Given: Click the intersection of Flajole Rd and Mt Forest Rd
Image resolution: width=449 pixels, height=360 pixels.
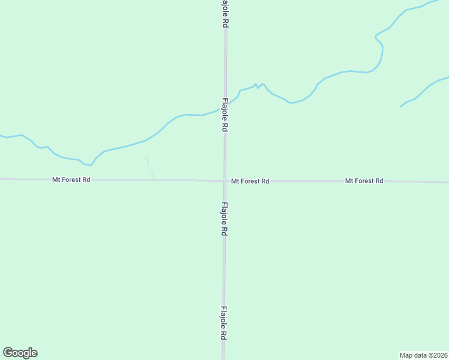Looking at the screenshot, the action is (224, 181).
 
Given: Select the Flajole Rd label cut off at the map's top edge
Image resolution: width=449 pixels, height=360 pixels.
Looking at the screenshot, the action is (225, 13).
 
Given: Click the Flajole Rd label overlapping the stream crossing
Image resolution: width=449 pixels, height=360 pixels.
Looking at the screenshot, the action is (225, 115).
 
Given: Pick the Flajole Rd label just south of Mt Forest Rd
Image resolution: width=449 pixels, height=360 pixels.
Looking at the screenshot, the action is (224, 219).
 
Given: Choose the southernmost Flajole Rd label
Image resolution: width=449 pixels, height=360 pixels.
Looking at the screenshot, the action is (223, 324).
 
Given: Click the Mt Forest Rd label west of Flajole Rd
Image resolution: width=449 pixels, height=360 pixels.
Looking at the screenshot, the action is (71, 179).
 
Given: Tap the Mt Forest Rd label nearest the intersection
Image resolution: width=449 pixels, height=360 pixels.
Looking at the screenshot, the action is (250, 181).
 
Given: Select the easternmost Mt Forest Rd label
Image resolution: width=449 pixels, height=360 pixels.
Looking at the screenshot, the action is (364, 181).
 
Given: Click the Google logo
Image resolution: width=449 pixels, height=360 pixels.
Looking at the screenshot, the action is (20, 353).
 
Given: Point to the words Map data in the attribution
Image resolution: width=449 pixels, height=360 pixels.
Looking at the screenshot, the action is (414, 355).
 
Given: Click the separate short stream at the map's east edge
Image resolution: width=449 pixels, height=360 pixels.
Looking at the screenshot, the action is (423, 92).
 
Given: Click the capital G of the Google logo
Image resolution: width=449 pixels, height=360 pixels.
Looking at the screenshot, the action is (8, 353).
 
